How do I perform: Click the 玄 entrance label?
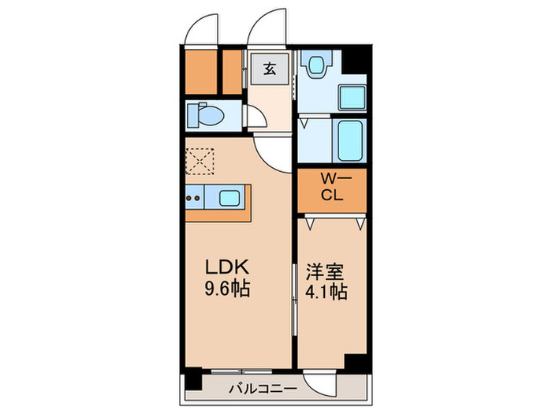tap(270, 69)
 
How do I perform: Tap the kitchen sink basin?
tap(230, 197)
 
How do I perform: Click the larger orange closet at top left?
tap(200, 71)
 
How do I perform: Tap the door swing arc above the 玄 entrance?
tap(267, 28)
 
